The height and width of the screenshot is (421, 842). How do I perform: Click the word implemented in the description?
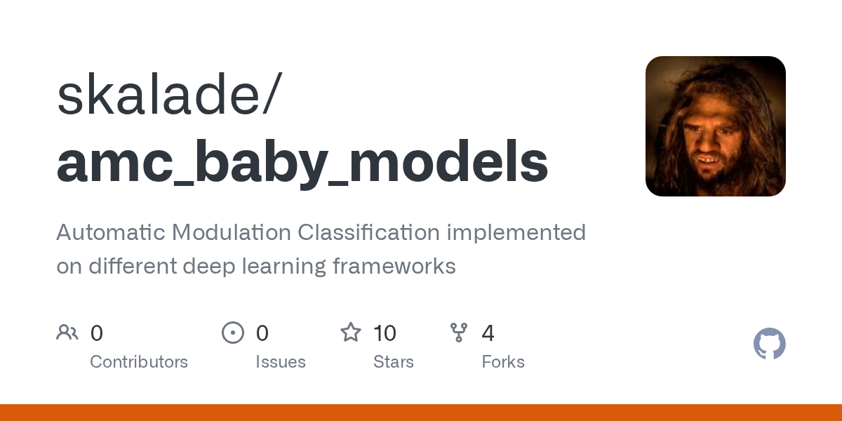pos(517,232)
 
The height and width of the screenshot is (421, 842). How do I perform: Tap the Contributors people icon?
pos(67,333)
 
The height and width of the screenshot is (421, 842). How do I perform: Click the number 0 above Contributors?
pos(97,333)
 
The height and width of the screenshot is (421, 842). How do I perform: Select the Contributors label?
pos(139,362)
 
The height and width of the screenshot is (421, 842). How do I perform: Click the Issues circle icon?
pos(232,333)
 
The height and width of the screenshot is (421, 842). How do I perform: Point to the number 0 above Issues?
pos(262,333)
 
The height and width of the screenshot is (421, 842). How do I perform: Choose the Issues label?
pos(281,362)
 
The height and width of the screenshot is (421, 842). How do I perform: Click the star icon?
pos(351,333)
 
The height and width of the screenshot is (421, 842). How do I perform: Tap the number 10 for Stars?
pos(385,333)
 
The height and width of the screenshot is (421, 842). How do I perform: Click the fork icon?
pos(459,333)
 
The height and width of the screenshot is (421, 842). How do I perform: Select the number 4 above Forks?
pos(488,333)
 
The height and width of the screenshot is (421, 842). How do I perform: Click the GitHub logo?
pos(769,344)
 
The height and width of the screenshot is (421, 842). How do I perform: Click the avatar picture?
pos(715,126)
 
